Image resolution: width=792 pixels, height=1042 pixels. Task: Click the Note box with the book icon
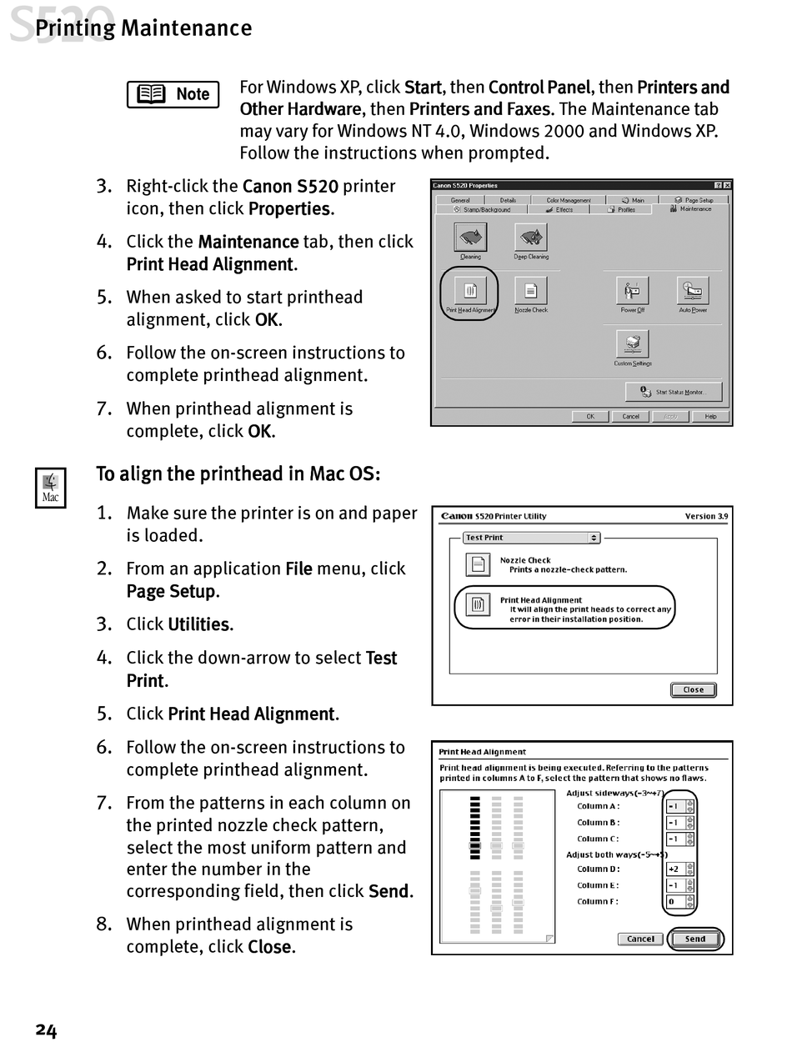(x=173, y=94)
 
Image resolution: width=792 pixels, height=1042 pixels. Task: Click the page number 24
(x=46, y=1030)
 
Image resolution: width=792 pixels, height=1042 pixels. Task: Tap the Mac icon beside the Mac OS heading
(x=50, y=488)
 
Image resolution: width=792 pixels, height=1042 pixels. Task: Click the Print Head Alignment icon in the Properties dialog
(x=469, y=290)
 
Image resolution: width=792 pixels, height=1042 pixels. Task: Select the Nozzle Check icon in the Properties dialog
(x=530, y=290)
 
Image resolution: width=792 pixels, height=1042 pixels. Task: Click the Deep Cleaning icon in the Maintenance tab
(x=530, y=238)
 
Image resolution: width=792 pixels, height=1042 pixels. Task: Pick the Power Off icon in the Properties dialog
(x=632, y=290)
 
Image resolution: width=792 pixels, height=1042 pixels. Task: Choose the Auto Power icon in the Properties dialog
(x=693, y=290)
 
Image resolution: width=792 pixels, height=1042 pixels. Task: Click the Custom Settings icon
(x=632, y=343)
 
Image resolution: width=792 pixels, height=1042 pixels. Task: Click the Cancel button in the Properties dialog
(x=631, y=417)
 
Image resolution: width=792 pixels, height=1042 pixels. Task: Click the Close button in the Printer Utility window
(x=693, y=689)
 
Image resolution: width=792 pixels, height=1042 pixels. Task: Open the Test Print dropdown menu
(x=532, y=538)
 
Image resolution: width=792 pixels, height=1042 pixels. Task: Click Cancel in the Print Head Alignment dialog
(x=640, y=939)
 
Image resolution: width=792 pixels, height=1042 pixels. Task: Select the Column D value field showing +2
(x=675, y=869)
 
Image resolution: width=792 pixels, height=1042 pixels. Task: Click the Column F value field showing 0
(x=675, y=901)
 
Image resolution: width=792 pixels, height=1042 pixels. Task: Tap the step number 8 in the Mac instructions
(x=103, y=924)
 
